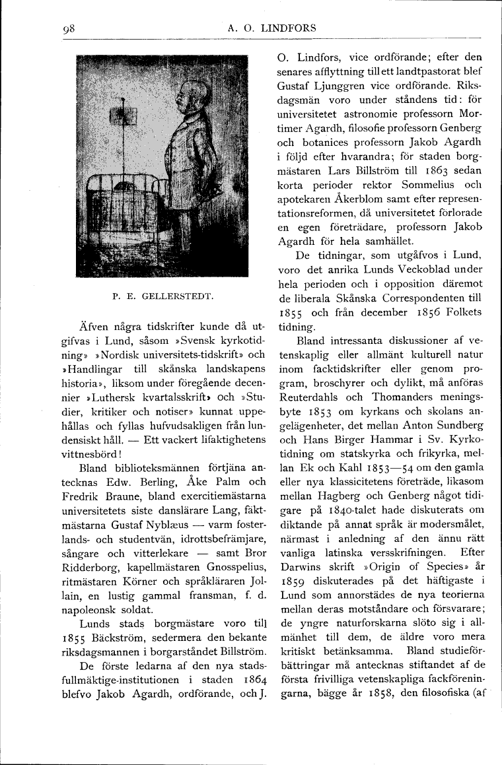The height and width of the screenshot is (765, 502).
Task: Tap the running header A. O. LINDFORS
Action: pos(271,28)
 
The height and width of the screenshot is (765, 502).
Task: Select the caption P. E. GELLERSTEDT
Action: pos(162,296)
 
